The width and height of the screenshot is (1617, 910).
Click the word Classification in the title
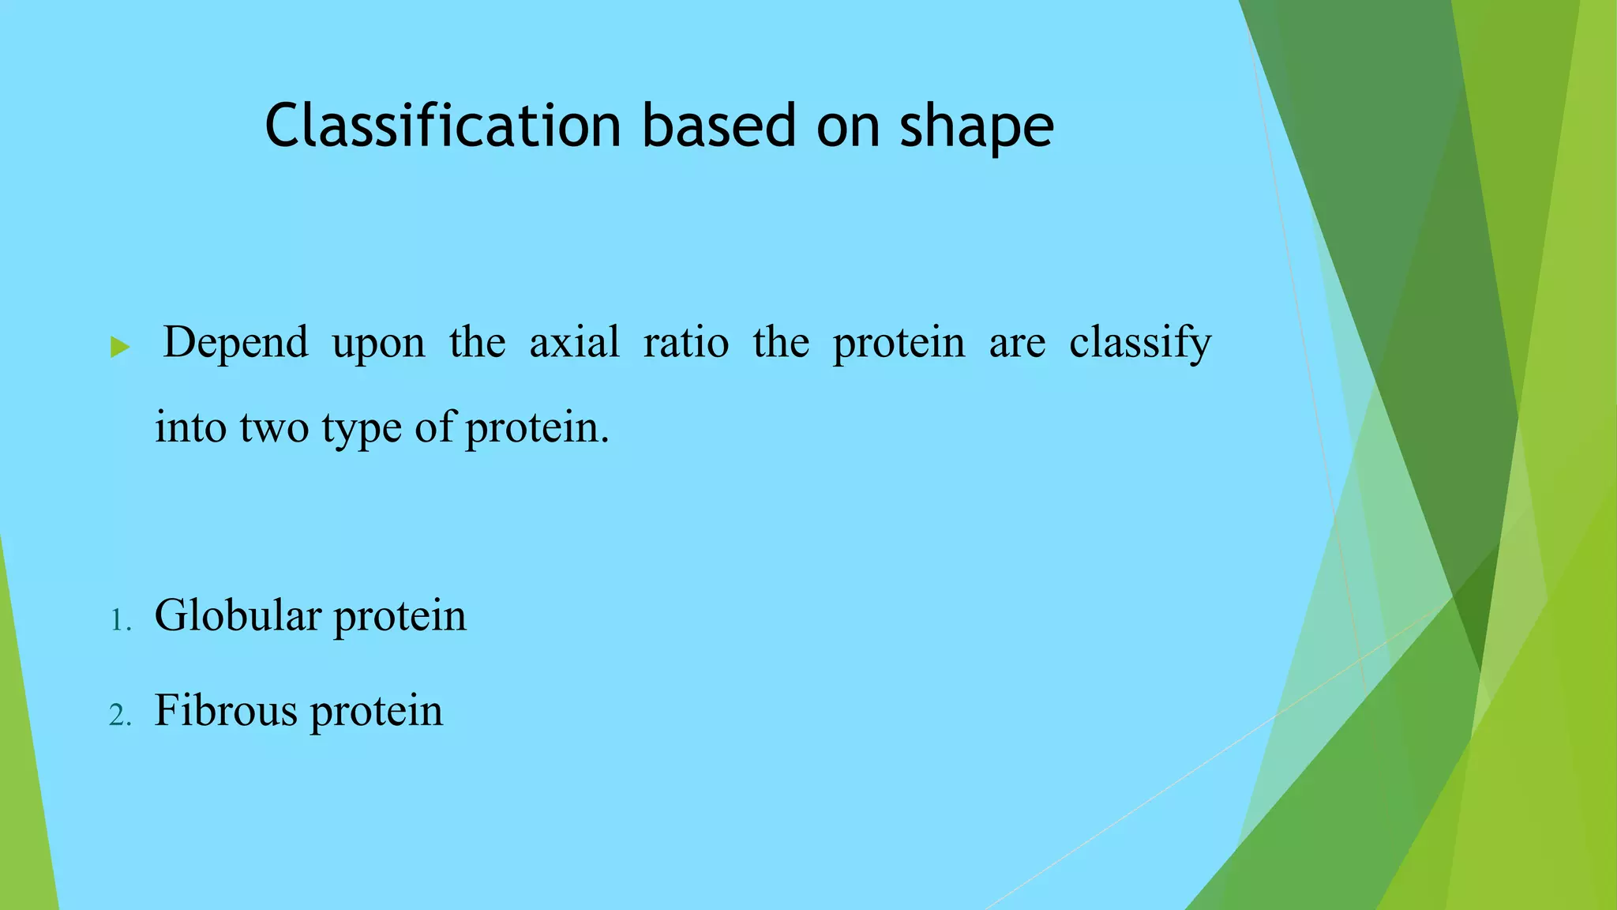443,126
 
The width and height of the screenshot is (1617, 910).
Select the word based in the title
718,126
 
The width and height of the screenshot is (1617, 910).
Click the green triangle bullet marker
120,346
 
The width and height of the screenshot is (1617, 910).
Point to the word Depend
235,343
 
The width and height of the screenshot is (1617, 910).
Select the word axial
574,343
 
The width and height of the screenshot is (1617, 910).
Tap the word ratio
685,343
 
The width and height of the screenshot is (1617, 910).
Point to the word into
190,428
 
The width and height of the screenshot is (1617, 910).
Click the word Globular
238,616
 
